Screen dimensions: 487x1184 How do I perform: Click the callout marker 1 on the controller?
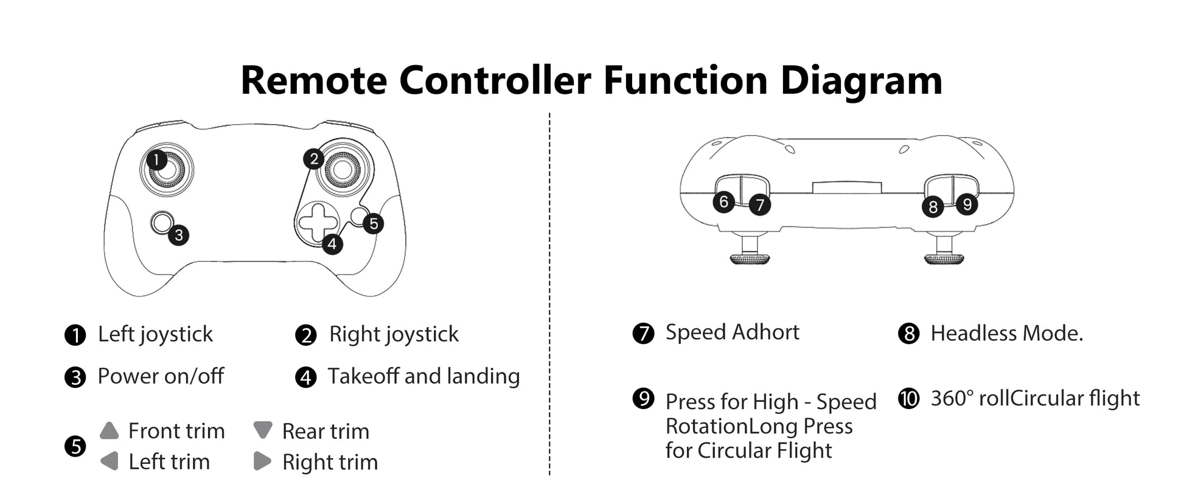[x=156, y=160]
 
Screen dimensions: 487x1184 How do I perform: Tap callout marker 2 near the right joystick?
[x=313, y=159]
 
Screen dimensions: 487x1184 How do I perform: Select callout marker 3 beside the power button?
[x=178, y=235]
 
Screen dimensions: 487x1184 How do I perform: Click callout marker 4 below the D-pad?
[x=332, y=244]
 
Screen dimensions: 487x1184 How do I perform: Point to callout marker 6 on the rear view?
[x=723, y=201]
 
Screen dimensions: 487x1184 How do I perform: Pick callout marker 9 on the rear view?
[x=967, y=204]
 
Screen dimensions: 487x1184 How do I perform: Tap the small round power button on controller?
[x=162, y=222]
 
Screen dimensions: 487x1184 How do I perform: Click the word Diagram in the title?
[x=861, y=80]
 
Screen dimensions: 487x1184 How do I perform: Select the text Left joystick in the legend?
[x=155, y=334]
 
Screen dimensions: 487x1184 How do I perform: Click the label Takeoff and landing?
[x=423, y=376]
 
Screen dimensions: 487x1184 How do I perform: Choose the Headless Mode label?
[x=1006, y=334]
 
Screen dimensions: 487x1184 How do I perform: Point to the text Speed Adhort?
[x=732, y=332]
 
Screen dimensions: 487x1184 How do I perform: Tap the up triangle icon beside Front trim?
[x=110, y=431]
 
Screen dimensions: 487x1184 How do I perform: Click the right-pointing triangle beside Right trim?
[x=262, y=461]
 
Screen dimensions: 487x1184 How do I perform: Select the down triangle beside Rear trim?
[x=263, y=430]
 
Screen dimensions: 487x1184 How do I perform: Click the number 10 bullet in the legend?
[x=909, y=399]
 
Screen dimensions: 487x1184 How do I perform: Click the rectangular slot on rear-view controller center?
[x=847, y=187]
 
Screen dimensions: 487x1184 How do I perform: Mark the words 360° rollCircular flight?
[x=1035, y=399]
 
